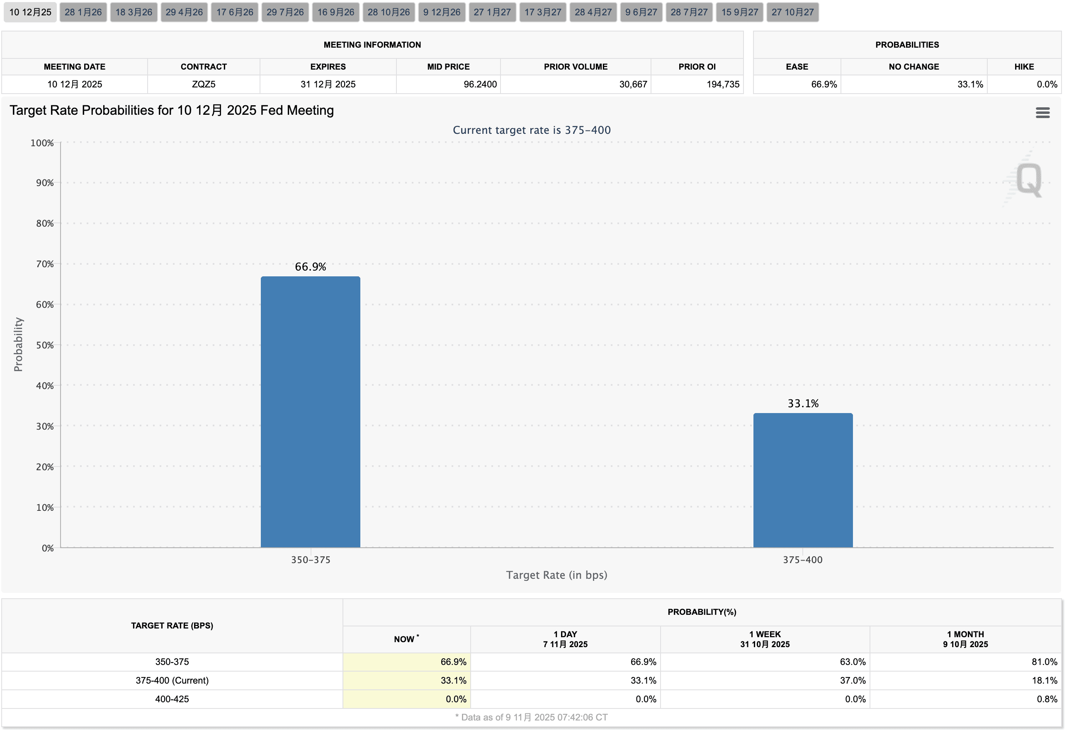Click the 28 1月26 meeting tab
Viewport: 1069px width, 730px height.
coord(83,12)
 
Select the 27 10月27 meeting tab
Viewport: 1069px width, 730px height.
coord(792,12)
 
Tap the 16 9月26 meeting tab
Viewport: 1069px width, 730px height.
coord(335,12)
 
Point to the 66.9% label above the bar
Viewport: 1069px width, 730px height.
coord(310,267)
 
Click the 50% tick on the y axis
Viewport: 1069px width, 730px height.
coord(45,345)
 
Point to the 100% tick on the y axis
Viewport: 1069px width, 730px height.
coord(42,143)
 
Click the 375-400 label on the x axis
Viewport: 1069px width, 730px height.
coord(802,560)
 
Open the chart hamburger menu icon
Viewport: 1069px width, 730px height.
coord(1042,113)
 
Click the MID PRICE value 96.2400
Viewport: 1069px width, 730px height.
coord(480,85)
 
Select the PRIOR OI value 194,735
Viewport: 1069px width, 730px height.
coord(723,85)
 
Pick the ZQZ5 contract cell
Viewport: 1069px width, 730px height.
coord(203,85)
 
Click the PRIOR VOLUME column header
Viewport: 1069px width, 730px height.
coord(576,67)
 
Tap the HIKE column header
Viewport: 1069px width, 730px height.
coord(1024,67)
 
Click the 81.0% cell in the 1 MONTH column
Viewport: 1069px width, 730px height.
coord(1044,662)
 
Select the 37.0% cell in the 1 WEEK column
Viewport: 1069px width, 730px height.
coord(853,680)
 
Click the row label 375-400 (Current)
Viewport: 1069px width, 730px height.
coord(172,680)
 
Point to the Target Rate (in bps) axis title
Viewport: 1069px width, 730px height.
coord(556,575)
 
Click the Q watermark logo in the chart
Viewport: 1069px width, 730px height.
coord(1028,179)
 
